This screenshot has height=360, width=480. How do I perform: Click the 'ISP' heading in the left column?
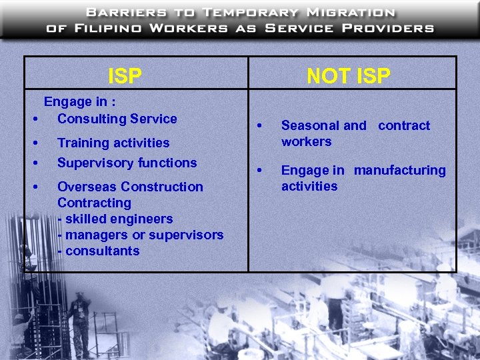125,76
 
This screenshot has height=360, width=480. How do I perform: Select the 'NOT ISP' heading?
348,76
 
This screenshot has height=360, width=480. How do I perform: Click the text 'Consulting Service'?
117,119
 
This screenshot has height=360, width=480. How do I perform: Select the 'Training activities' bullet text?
113,143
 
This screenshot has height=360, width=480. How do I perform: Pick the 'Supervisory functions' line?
127,163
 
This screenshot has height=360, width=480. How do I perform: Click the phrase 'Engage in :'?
80,102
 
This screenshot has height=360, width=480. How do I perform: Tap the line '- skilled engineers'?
115,219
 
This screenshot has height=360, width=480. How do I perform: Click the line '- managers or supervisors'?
140,235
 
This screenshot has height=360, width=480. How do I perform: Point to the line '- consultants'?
99,251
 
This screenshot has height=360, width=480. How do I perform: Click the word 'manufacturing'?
400,171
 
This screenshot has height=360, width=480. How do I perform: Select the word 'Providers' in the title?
394,28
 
